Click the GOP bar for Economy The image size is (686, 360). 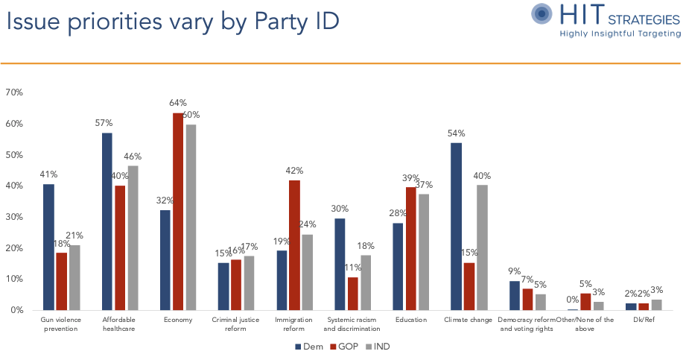178,212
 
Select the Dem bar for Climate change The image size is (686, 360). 457,227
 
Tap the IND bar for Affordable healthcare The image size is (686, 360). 133,238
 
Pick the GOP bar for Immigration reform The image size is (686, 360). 294,245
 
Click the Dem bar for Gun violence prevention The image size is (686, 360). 48,247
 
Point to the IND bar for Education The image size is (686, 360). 423,252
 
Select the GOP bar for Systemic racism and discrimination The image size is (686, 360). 352,294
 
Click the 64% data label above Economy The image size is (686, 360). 178,102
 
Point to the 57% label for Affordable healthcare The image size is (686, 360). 107,121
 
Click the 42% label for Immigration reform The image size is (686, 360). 294,170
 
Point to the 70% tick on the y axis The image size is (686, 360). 14,92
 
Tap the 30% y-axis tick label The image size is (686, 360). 14,217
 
